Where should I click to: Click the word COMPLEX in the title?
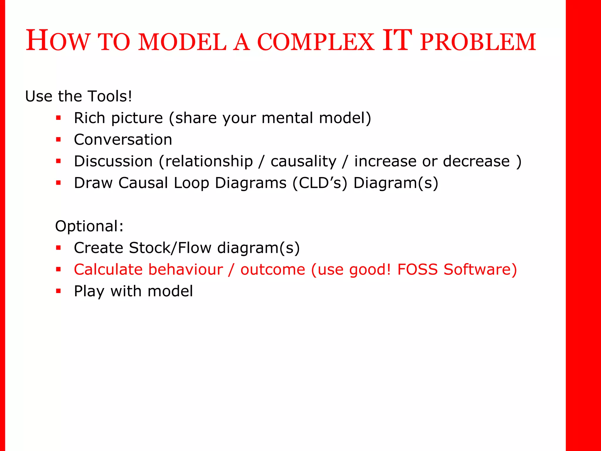pyautogui.click(x=315, y=42)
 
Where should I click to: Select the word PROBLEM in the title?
pyautogui.click(x=478, y=42)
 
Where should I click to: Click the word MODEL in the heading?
pyautogui.click(x=182, y=42)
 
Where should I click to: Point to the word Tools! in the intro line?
pyautogui.click(x=110, y=96)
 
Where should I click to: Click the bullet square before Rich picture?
pyautogui.click(x=58, y=118)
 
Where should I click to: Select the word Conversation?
pyautogui.click(x=123, y=139)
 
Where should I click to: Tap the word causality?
pyautogui.click(x=303, y=161)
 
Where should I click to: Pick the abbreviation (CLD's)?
pyautogui.click(x=320, y=183)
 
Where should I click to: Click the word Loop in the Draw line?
pyautogui.click(x=191, y=183)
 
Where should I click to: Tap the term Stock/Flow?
pyautogui.click(x=170, y=248)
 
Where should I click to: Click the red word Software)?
pyautogui.click(x=480, y=270)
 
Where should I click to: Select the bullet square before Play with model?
pyautogui.click(x=58, y=291)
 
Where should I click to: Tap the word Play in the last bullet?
pyautogui.click(x=89, y=291)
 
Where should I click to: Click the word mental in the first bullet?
pyautogui.click(x=287, y=118)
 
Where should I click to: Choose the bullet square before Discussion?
pyautogui.click(x=58, y=161)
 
